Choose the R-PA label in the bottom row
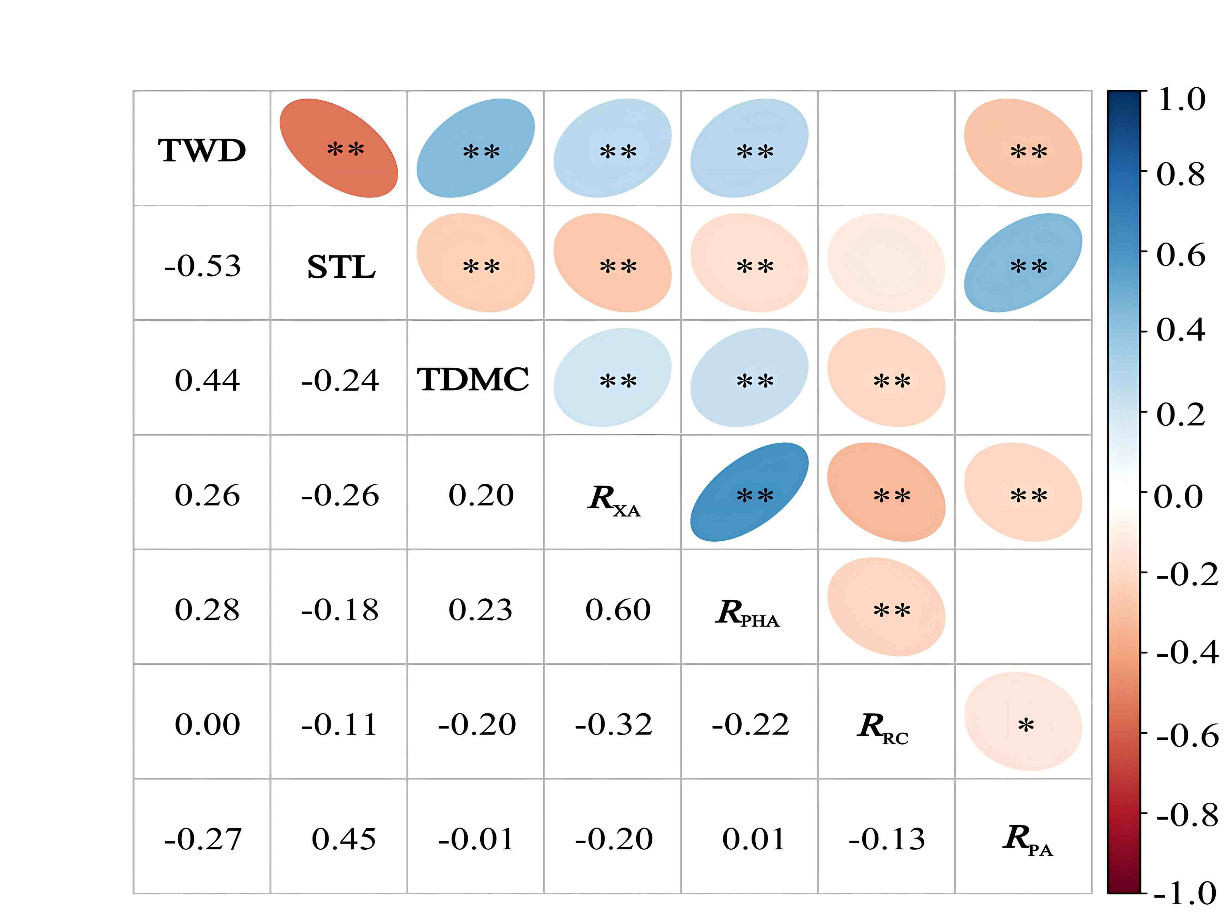1027,839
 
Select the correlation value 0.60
617,610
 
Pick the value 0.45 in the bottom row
343,839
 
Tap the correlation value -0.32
613,725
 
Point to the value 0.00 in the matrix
207,725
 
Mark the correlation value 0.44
207,380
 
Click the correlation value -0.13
887,839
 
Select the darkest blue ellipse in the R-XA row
749,492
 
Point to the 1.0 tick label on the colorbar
1182,100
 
